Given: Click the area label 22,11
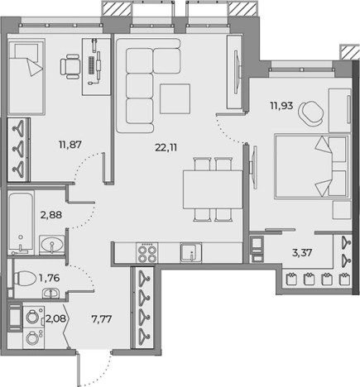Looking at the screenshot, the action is pos(166,148).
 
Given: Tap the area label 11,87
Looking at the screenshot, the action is pos(70,144).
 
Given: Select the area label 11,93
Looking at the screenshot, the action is pos(281,106).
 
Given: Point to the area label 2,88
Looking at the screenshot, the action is pos(51,215).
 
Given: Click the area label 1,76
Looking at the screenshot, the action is pos(49,278).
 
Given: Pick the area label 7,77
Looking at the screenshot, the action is pos(102,319).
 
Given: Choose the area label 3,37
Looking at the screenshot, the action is pos(302,252).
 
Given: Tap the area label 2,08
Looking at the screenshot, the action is pos(55,319).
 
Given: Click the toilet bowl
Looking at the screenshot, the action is pos(24,278).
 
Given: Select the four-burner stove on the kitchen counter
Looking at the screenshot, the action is pos(147,252).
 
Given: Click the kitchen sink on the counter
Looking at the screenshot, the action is pos(191,252).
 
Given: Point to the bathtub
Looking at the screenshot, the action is pos(21,222).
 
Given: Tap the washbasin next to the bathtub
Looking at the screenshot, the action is pos(51,245).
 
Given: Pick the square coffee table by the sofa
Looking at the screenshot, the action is pos(175,98).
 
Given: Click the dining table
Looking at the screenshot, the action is pos(213,189).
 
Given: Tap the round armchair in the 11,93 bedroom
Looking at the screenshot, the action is pos(311,113).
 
